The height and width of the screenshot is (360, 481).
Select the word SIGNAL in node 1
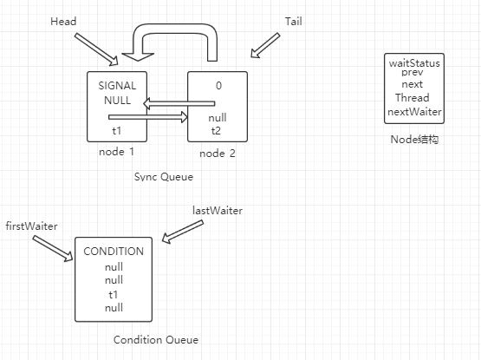point(117,86)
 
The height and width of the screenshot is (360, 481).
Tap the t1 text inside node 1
point(117,130)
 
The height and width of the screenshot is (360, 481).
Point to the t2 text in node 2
point(217,131)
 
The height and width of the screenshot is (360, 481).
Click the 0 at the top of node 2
point(217,86)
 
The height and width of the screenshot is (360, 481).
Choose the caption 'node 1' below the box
point(116,152)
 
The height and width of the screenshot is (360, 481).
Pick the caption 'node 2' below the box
point(218,154)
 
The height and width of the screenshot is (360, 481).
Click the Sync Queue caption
point(163,176)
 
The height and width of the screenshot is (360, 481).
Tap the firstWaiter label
point(31,226)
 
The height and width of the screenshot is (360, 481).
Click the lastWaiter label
point(217,210)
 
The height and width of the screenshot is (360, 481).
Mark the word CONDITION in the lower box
point(114,252)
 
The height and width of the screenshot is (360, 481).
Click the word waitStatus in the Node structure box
point(414,62)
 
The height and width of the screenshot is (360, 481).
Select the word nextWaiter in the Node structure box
point(414,111)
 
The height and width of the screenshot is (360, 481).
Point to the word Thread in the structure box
point(413,98)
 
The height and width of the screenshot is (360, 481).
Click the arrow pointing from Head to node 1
point(97,49)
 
